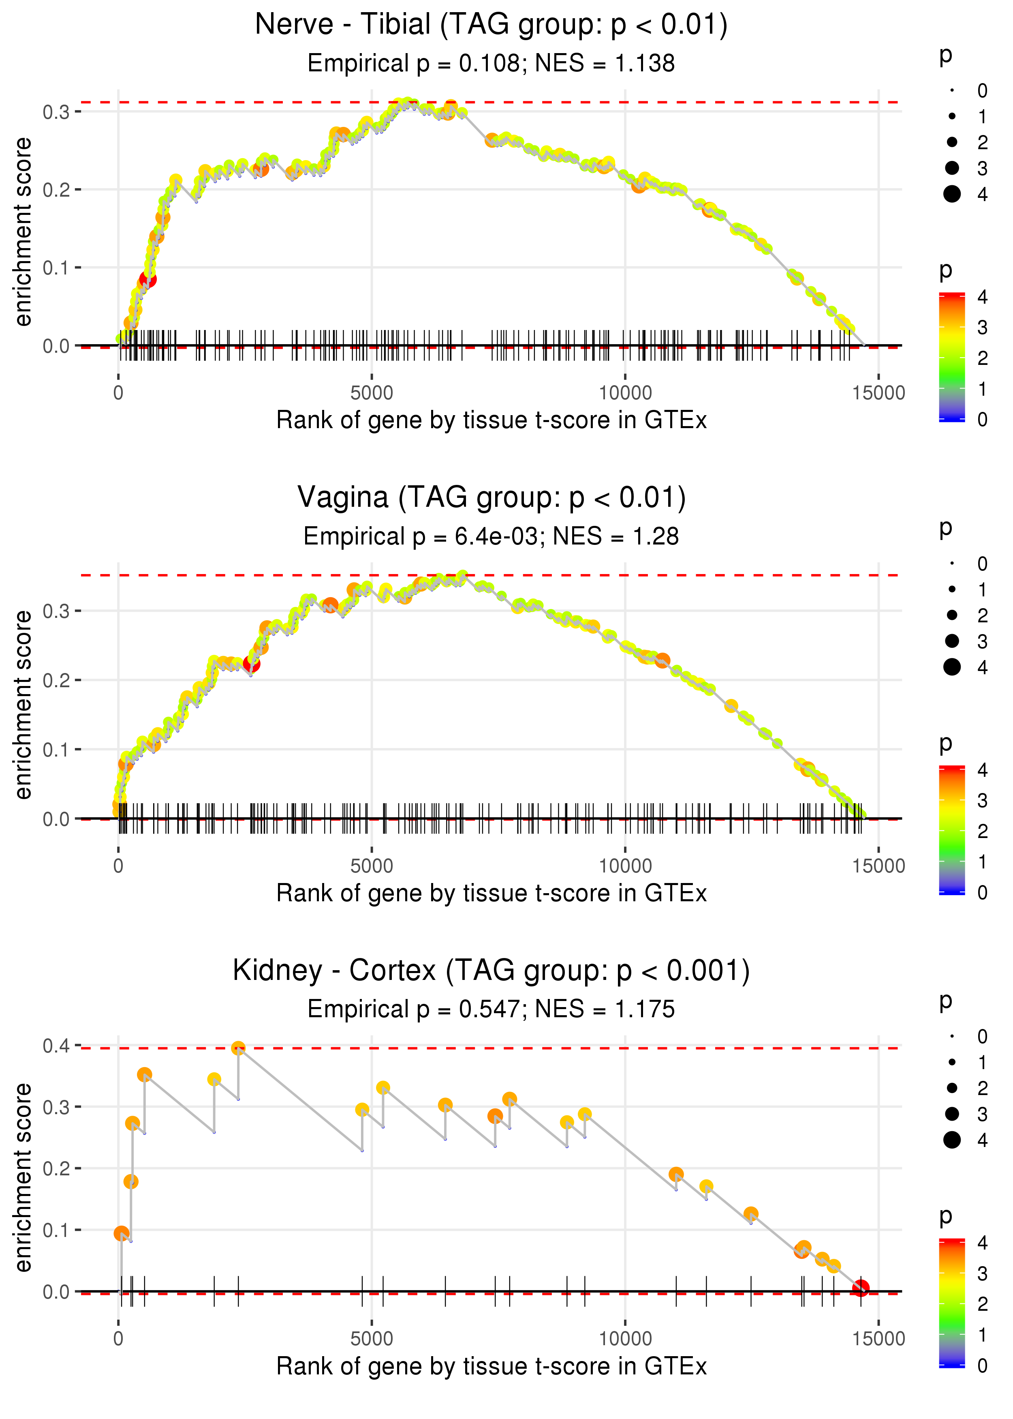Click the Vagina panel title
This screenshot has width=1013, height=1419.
pyautogui.click(x=492, y=498)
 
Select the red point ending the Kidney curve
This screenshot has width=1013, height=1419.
pyautogui.click(x=861, y=1288)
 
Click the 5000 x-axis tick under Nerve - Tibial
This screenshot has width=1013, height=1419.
pyautogui.click(x=372, y=393)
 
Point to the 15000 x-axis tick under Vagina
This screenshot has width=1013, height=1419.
pyautogui.click(x=878, y=866)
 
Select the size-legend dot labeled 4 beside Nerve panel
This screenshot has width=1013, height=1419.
pyautogui.click(x=952, y=194)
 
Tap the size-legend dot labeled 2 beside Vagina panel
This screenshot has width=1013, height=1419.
pyautogui.click(x=952, y=615)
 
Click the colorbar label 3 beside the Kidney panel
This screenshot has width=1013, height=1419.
pyautogui.click(x=983, y=1273)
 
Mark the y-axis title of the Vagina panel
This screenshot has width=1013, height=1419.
pyautogui.click(x=23, y=705)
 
